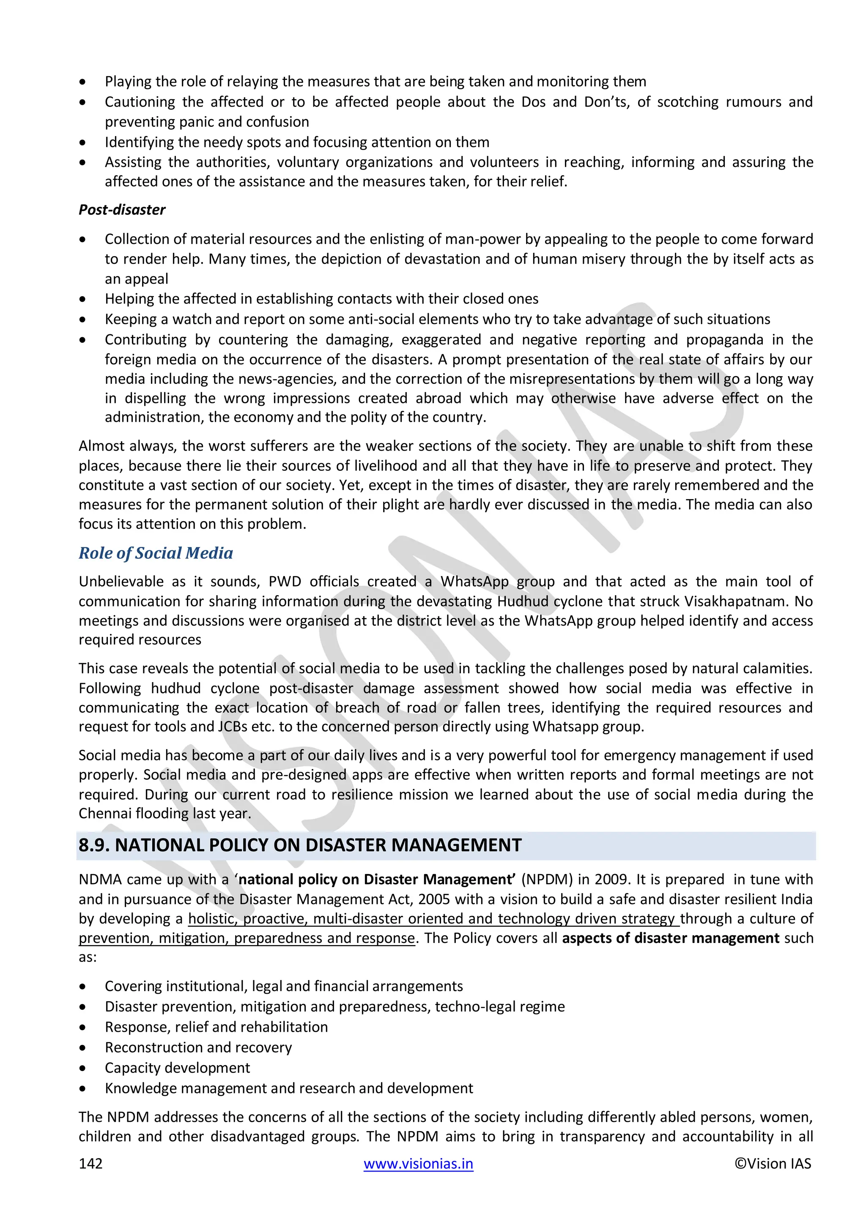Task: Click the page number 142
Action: click(90, 1163)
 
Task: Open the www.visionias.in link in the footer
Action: click(418, 1163)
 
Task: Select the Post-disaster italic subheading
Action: click(122, 210)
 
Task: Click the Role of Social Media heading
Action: click(156, 553)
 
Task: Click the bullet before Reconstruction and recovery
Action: click(82, 1048)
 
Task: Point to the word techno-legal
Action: click(476, 1006)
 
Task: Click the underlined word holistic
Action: click(212, 918)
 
